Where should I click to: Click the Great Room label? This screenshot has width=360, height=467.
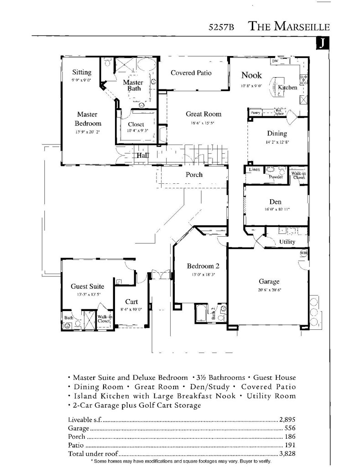coord(203,114)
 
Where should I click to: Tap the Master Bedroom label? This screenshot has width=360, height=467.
coord(88,119)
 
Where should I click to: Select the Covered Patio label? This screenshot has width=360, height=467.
coord(191,73)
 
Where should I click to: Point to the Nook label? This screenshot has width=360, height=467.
coord(251,75)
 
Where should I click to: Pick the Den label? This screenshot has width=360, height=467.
coord(275,202)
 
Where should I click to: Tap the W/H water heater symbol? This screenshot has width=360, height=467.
coord(303,253)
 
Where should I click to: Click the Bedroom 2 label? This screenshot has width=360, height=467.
coord(203,266)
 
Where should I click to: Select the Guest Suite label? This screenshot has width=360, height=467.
coord(87,286)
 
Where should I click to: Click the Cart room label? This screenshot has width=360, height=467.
coord(131,302)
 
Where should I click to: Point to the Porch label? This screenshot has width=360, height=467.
coord(194,175)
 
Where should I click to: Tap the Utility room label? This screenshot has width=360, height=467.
coord(287,242)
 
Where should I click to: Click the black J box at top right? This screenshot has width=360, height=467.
coord(322,43)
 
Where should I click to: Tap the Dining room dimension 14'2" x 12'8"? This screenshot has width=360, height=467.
coord(277,142)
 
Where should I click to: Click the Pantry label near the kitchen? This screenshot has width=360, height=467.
coord(256,113)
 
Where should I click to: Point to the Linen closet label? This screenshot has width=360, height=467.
coord(254,170)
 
